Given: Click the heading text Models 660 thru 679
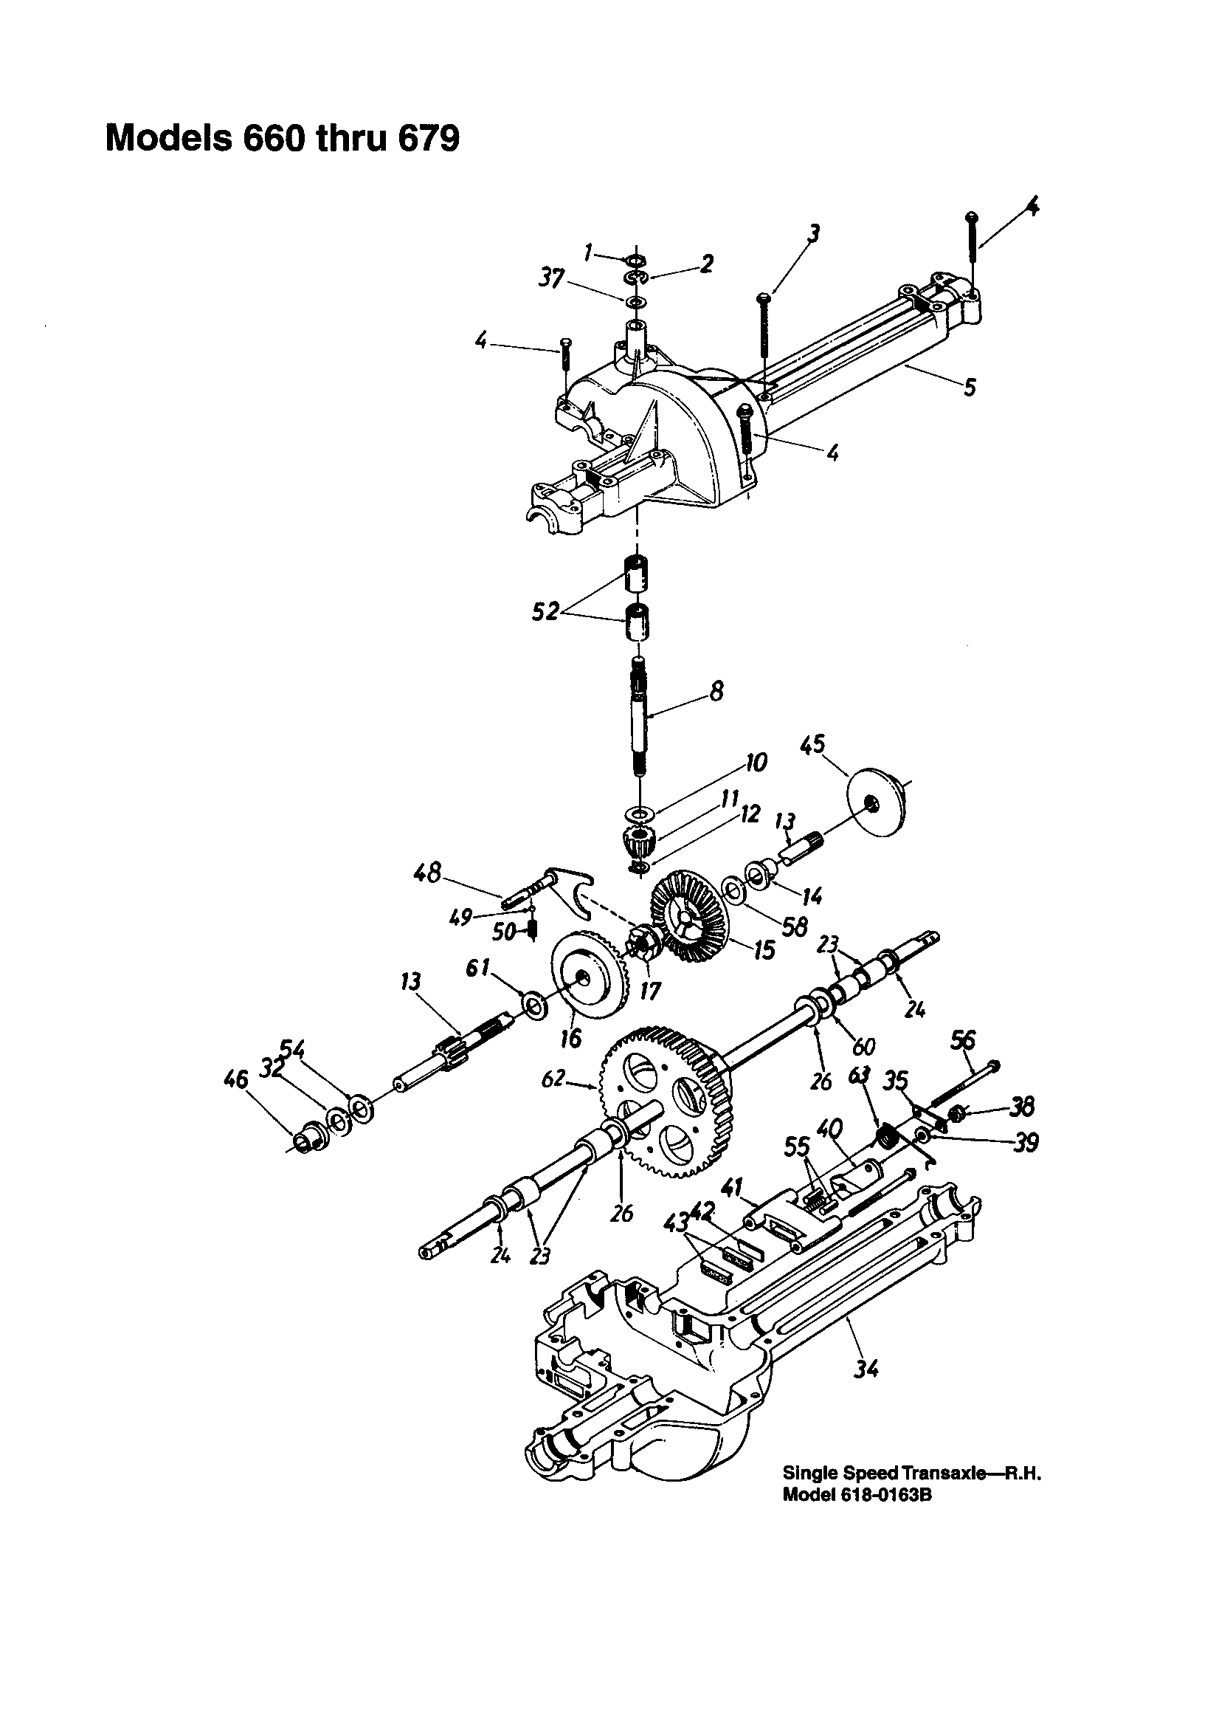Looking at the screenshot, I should click(x=282, y=139).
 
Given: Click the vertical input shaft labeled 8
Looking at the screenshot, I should click(x=639, y=714).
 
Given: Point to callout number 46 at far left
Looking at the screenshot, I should click(x=236, y=1080).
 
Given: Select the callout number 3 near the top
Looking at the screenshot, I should click(x=811, y=234).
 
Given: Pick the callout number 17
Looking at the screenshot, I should click(x=650, y=991).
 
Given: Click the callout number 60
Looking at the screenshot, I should click(x=864, y=1045).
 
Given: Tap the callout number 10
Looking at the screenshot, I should click(x=756, y=763).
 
